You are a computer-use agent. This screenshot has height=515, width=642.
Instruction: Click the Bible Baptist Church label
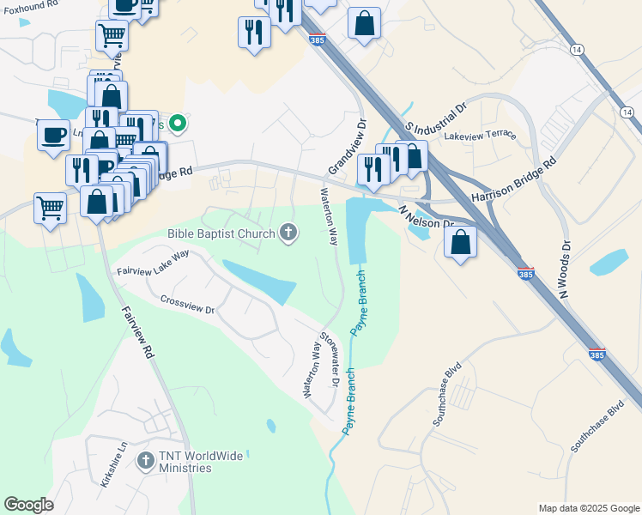tap(221, 233)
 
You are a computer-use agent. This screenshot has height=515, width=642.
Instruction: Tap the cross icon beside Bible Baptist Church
tap(289, 232)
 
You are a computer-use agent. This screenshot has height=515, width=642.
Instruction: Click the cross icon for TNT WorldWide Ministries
tap(145, 462)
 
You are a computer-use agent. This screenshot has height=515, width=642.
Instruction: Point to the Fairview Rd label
tap(136, 334)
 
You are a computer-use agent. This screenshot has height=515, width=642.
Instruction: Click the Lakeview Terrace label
tap(480, 135)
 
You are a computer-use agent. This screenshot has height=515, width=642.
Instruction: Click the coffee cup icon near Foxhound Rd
tap(54, 136)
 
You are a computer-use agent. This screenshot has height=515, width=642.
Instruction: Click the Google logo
tap(28, 505)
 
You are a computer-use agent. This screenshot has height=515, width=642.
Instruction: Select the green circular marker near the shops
tap(178, 124)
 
